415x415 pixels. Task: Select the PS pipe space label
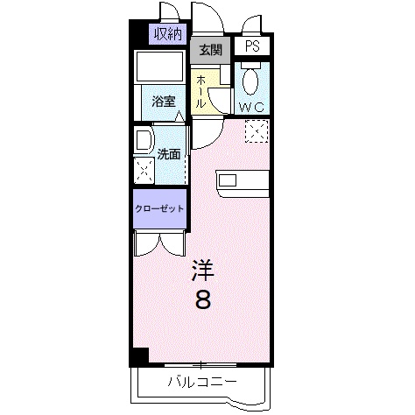252,47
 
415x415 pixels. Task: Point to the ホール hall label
200,91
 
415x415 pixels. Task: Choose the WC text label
252,107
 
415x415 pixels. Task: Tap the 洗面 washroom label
169,154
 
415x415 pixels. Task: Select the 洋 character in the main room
201,271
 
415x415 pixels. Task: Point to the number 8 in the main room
201,300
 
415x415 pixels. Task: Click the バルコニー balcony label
201,382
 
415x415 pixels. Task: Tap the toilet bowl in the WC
251,81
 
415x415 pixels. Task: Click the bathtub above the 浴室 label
161,68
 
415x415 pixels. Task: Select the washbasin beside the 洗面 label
142,142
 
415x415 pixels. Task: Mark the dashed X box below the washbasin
143,170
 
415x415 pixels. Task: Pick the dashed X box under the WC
257,132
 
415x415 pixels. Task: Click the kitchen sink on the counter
228,181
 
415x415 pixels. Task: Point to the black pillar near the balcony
138,357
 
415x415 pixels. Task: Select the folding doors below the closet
159,243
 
